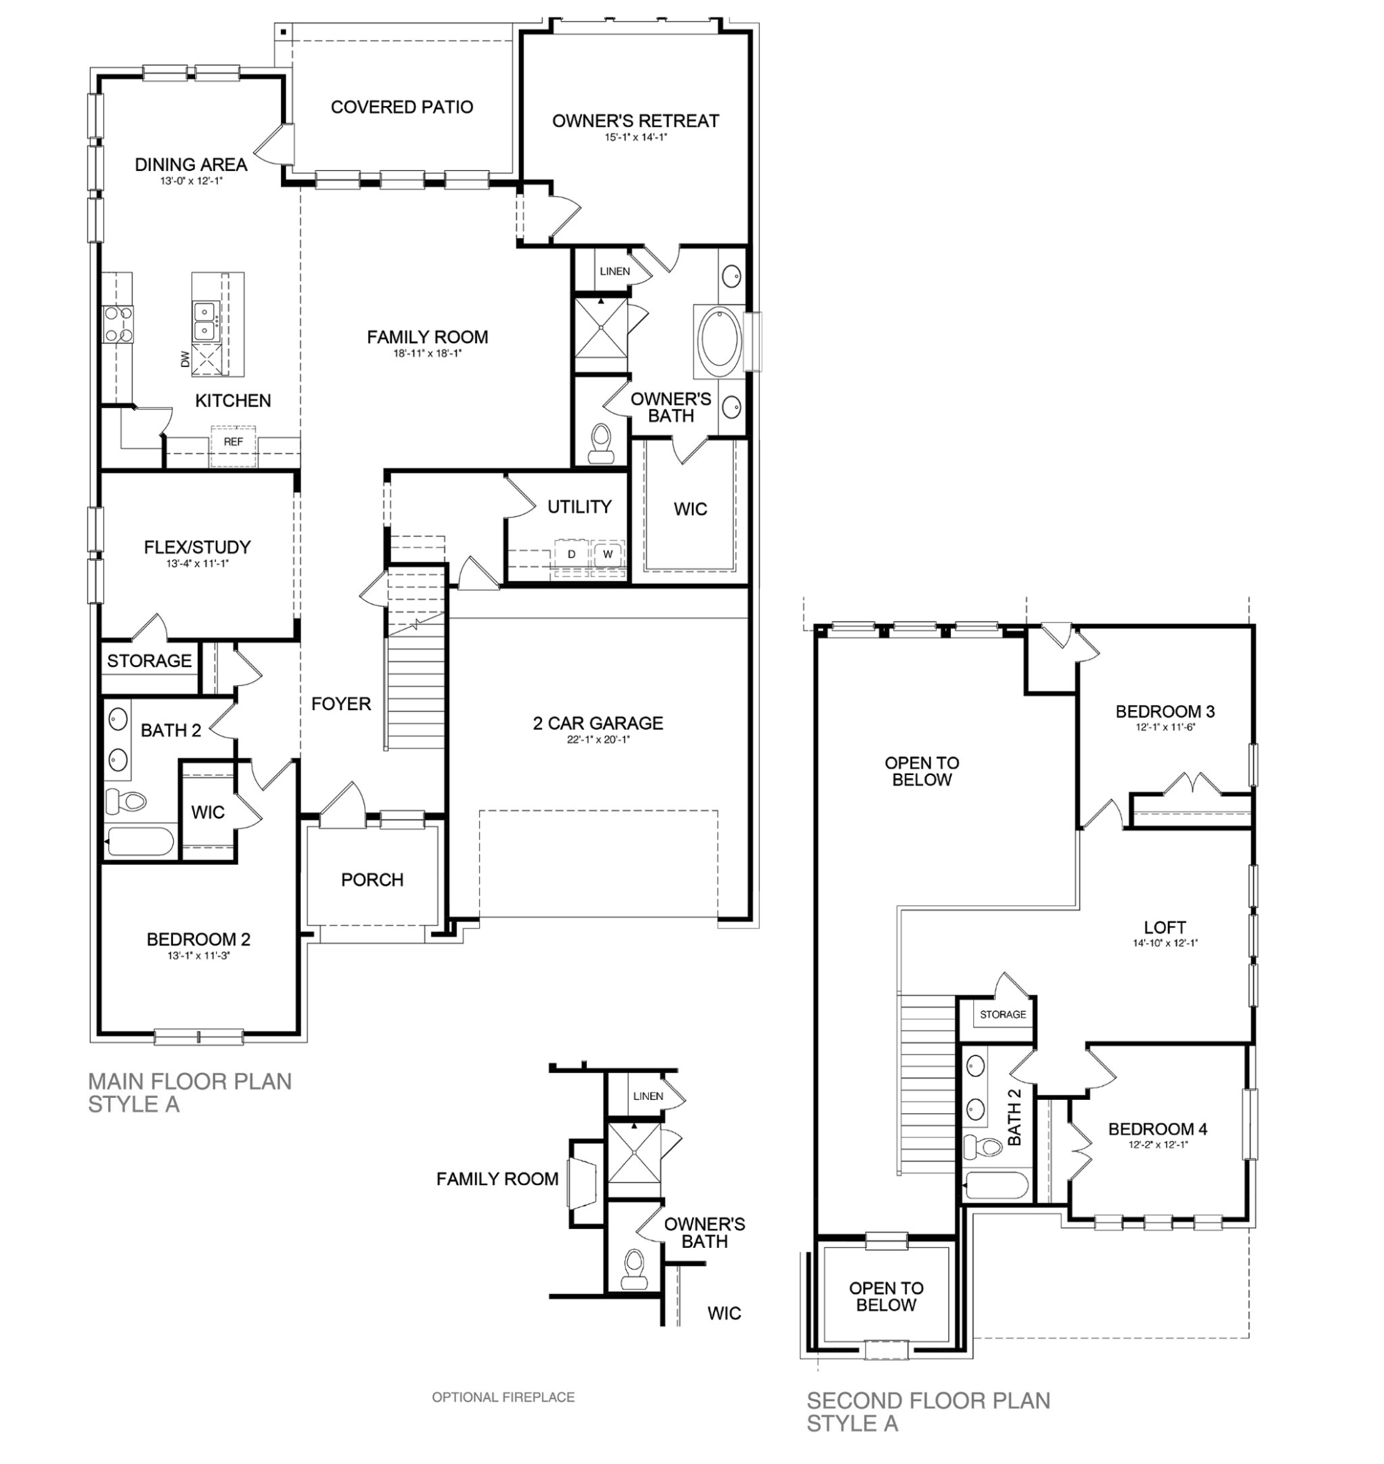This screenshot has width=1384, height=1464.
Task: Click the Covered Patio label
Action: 401,107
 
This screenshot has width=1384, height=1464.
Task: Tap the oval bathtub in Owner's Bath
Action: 718,340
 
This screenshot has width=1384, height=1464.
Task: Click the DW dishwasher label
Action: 185,359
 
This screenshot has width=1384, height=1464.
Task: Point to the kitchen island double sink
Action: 204,322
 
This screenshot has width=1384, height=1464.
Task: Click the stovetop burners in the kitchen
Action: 118,324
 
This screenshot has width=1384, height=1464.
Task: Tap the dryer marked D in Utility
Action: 571,555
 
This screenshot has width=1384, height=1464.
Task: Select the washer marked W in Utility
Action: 608,555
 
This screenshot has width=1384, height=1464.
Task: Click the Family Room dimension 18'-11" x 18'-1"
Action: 427,353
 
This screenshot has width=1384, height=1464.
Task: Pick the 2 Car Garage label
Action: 598,723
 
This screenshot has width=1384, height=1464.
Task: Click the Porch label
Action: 372,880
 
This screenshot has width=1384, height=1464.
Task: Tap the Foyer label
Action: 341,703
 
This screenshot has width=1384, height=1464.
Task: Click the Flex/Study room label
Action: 197,548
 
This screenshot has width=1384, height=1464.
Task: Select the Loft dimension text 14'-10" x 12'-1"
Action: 1165,944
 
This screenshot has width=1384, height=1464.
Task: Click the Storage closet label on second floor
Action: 1002,1015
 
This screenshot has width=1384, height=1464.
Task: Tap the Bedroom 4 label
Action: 1157,1129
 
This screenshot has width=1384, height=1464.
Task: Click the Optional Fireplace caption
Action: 503,1397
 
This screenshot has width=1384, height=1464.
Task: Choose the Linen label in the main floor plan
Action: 615,272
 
